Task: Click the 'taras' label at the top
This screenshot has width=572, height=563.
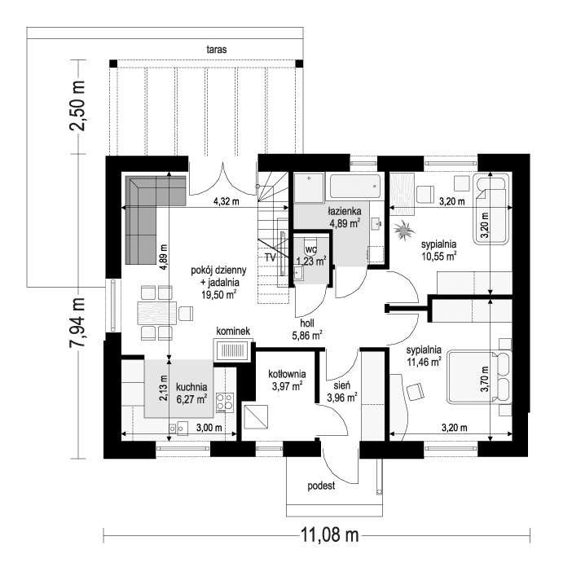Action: (216, 50)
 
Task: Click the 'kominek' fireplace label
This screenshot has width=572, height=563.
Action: (233, 332)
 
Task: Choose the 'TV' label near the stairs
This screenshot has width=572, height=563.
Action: (270, 257)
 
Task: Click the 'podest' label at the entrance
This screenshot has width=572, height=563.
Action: (322, 486)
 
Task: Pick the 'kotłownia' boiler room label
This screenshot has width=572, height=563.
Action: (286, 374)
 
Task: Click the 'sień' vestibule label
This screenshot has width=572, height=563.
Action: (342, 386)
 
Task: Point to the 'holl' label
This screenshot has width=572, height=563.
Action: (307, 323)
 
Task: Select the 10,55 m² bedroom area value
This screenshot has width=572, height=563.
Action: (438, 254)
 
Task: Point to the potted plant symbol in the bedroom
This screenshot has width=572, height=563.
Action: (403, 232)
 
